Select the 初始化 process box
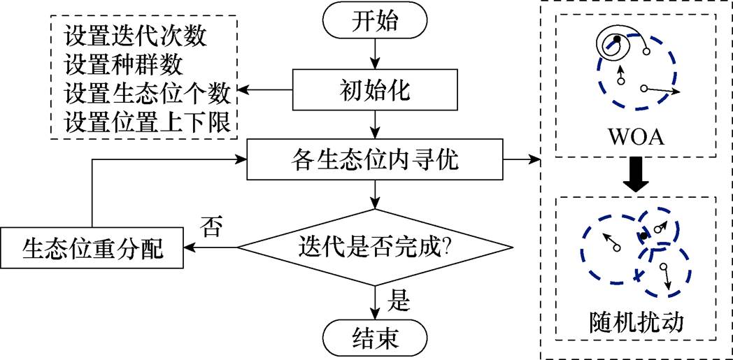pyautogui.click(x=376, y=92)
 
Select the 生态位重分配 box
pyautogui.click(x=92, y=248)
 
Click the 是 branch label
pyautogui.click(x=398, y=301)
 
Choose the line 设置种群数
pyautogui.click(x=122, y=64)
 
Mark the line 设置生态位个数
pyautogui.click(x=148, y=93)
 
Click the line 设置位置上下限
pyautogui.click(x=148, y=122)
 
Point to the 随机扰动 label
pyautogui.click(x=636, y=323)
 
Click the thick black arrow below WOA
pyautogui.click(x=635, y=175)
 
